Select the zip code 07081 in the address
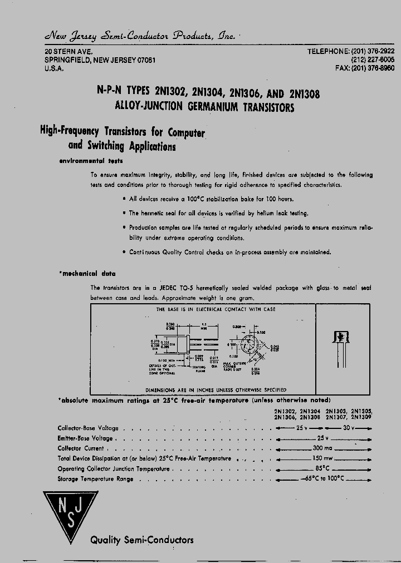(x=142, y=60)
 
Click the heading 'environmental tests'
(x=91, y=161)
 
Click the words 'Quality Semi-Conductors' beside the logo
(x=142, y=540)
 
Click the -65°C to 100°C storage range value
(x=323, y=478)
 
